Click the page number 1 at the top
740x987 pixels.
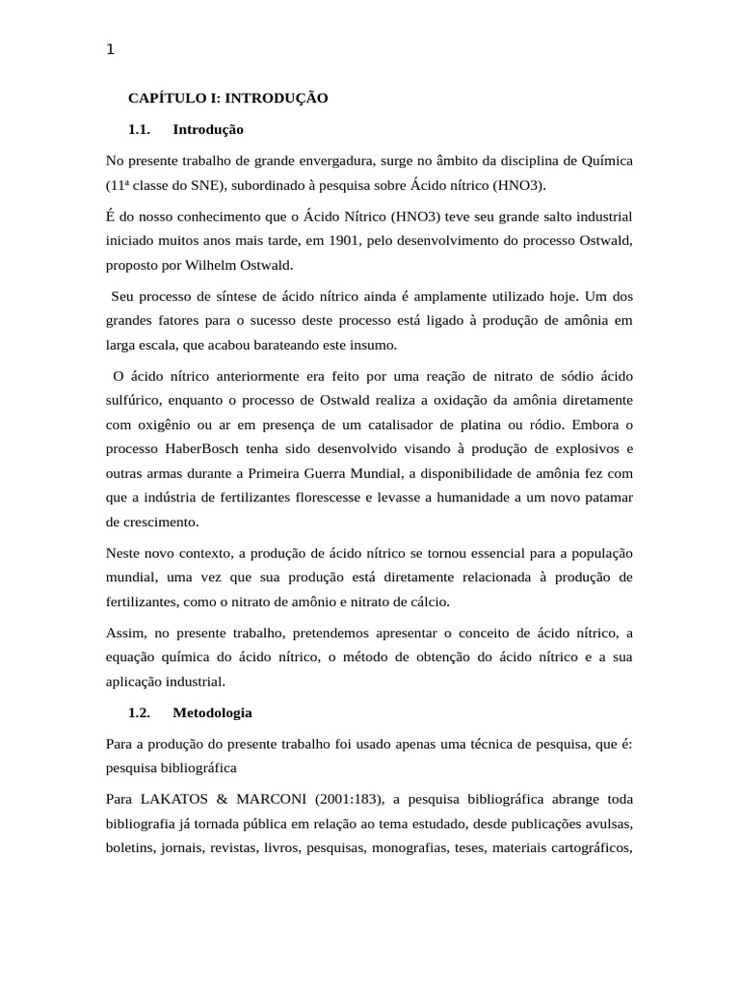[x=110, y=51]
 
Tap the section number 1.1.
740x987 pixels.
[x=141, y=129]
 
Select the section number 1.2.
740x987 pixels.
[x=141, y=713]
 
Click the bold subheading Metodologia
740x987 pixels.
[x=212, y=713]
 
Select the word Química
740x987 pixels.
[x=603, y=160]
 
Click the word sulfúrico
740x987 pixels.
[x=136, y=399]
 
